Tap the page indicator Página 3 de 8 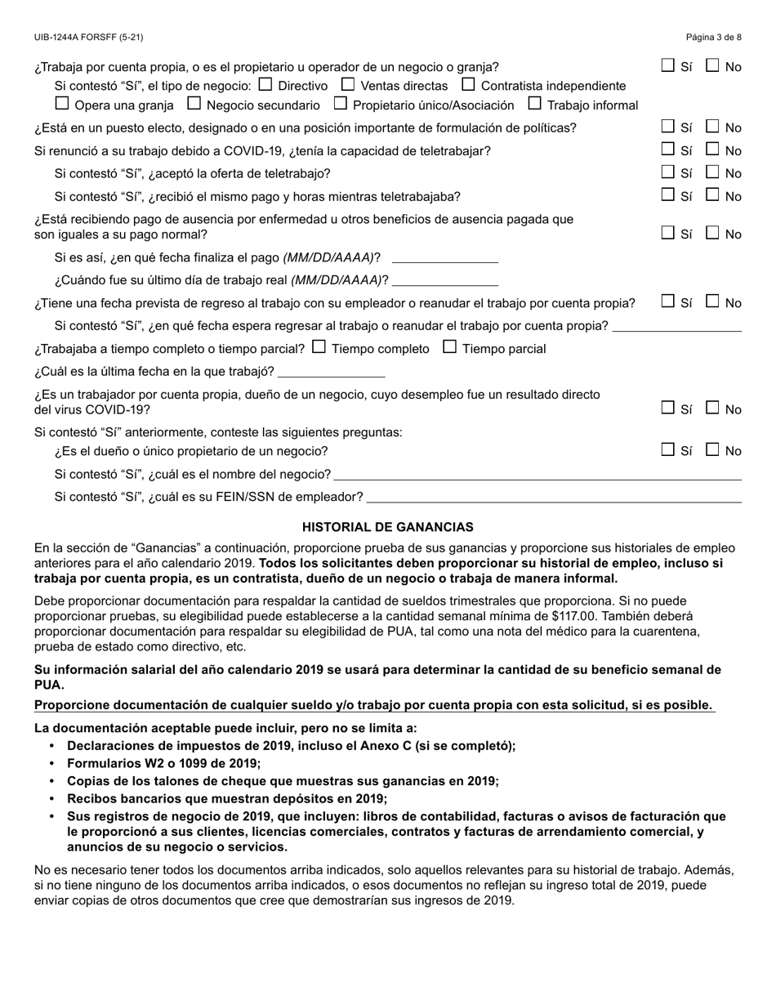click(x=713, y=38)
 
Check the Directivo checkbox click(x=265, y=84)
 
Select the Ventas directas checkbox click(x=347, y=84)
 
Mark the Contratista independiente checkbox click(x=468, y=84)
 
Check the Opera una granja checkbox click(x=62, y=104)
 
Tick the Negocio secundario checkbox click(x=194, y=104)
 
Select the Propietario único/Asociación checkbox click(x=341, y=104)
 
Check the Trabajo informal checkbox click(x=534, y=104)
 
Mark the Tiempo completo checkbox click(x=319, y=347)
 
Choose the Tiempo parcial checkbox click(x=449, y=347)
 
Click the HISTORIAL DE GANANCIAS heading click(x=387, y=528)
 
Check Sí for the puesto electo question click(x=668, y=127)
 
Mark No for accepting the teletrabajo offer click(x=712, y=172)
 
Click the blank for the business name click(x=537, y=474)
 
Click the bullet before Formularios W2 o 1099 click(x=53, y=763)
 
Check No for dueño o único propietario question click(x=712, y=449)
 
